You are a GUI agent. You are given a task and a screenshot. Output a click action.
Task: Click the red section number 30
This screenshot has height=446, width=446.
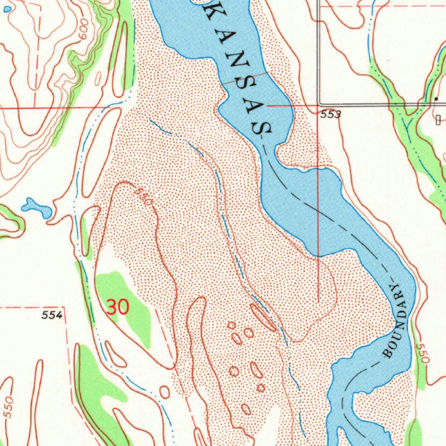tap(118, 307)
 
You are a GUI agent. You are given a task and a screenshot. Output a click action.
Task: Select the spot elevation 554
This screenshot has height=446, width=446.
tap(53, 315)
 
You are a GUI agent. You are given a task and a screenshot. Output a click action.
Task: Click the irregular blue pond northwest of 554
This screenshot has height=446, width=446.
tap(37, 208)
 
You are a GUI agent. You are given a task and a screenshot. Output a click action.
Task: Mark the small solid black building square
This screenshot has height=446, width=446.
tap(436, 99)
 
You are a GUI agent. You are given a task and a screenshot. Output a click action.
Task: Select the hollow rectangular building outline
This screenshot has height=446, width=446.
tap(438, 119)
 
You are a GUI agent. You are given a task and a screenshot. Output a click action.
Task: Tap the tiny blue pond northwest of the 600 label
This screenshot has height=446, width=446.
tap(6, 9)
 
